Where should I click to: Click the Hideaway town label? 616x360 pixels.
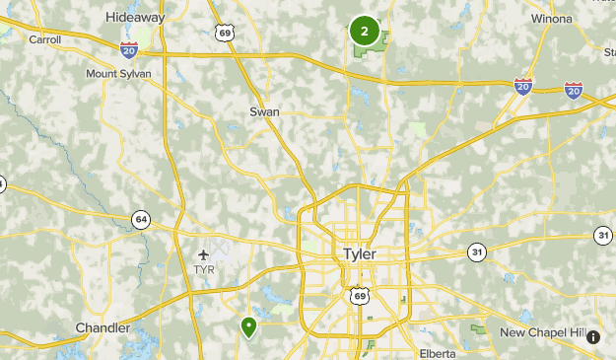[134, 17]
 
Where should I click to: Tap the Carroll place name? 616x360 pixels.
[44, 39]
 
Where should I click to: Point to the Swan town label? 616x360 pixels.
[264, 111]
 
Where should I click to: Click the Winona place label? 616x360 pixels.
[550, 17]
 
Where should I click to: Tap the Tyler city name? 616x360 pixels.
[360, 253]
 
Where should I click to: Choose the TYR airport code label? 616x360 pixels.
[203, 269]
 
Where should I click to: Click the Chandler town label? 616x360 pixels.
[103, 327]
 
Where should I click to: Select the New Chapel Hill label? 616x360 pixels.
[542, 332]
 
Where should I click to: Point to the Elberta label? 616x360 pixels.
[437, 353]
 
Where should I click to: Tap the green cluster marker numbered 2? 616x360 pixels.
[365, 32]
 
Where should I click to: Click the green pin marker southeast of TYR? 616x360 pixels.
[248, 325]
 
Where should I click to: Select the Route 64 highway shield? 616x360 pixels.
[142, 218]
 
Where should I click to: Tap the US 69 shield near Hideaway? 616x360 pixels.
[226, 34]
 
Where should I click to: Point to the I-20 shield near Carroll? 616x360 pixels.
[128, 49]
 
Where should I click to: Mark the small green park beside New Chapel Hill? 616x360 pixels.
[479, 329]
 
